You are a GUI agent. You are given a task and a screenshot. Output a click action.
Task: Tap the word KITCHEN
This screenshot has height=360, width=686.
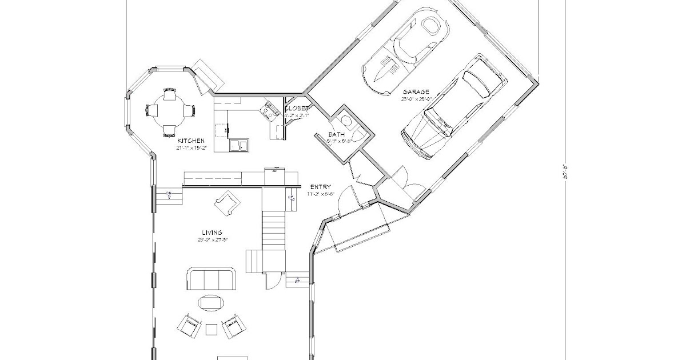click(191, 141)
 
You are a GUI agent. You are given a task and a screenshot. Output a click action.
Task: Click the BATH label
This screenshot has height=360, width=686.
click(337, 135)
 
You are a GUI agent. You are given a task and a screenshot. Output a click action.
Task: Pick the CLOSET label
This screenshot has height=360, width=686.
click(297, 109)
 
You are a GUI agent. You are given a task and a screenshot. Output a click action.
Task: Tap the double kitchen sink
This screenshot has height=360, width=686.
click(239, 146)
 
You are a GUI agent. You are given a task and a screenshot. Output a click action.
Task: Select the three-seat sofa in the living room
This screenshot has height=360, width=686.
click(211, 279)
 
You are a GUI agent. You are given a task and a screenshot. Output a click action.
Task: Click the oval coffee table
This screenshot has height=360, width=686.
click(211, 302)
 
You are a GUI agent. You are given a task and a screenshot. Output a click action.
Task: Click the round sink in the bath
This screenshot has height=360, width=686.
click(345, 121)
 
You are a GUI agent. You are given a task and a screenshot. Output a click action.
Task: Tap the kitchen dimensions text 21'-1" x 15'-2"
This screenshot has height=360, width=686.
click(191, 147)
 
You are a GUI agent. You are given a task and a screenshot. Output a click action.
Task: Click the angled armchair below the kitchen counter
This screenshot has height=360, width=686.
click(227, 202)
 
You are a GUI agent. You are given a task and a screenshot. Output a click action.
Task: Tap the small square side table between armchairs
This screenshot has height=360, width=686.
click(211, 329)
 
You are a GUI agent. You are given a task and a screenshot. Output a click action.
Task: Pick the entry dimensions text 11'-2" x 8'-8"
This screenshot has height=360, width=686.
click(320, 194)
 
